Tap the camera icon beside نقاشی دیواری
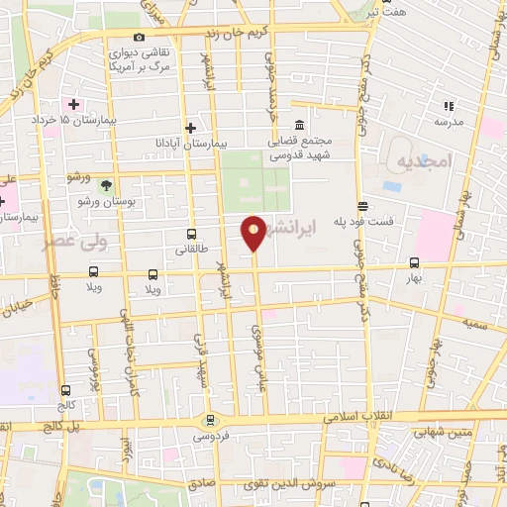coord(140,38)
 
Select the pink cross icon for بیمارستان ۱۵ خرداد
coord(74,103)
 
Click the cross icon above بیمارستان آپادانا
coord(190,128)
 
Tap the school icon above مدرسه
coord(448,106)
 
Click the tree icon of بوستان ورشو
coord(107,184)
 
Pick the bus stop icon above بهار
coord(414,263)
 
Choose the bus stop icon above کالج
coord(65,390)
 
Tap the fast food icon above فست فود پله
coord(362,206)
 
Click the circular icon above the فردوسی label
coord(209,420)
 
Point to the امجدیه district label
coord(423,160)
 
